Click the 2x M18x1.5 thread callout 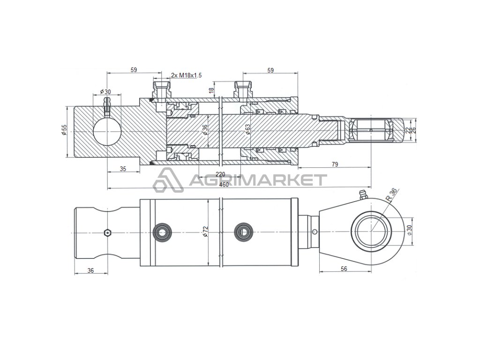coord(186,75)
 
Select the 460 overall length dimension coord(224,185)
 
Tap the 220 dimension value coord(220,174)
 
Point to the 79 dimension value coord(335,165)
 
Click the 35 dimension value coord(123,169)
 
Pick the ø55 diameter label coord(64,130)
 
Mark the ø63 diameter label coord(248,129)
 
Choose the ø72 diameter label coord(205,232)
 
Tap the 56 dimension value coord(344,269)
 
